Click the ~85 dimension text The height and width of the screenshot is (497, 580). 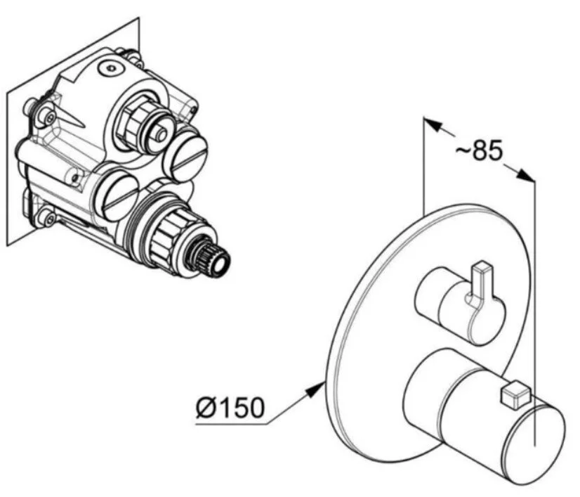(479, 150)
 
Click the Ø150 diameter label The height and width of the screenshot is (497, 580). (230, 407)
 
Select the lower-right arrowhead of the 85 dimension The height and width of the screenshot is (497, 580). (525, 175)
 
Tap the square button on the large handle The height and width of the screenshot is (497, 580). (515, 396)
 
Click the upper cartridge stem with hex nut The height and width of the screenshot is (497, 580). (146, 122)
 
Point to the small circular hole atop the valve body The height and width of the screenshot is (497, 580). (110, 68)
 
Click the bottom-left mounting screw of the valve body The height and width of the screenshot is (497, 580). (47, 217)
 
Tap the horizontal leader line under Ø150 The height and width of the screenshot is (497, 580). (231, 424)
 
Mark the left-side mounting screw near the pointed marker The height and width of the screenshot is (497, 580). (47, 115)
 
